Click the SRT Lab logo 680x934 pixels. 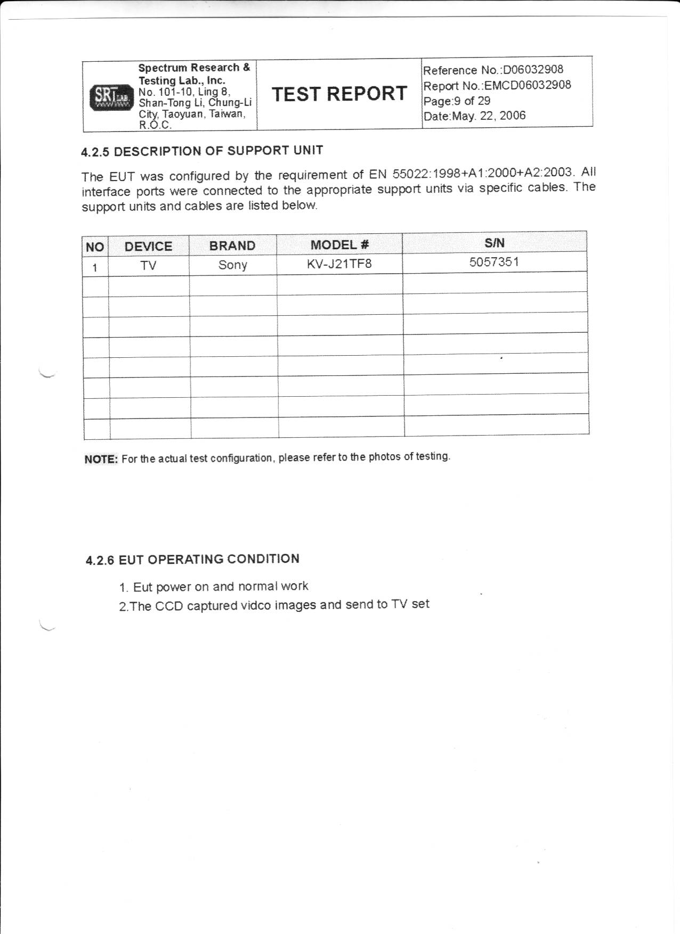click(111, 97)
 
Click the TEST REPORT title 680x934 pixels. click(339, 94)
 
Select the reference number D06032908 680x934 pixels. click(533, 70)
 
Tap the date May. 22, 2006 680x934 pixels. click(488, 116)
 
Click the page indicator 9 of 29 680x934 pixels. click(472, 101)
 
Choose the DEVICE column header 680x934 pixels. click(148, 247)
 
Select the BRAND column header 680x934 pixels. click(232, 245)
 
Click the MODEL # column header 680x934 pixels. click(339, 245)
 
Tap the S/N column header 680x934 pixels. click(494, 243)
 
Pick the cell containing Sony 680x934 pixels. click(232, 265)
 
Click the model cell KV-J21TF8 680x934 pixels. click(339, 264)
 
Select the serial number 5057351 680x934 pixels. click(494, 262)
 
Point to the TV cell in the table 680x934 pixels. click(148, 266)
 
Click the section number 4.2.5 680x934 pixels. click(95, 152)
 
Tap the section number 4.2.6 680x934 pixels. click(100, 560)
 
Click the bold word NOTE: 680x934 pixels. click(101, 460)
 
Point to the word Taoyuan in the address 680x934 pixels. click(183, 114)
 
